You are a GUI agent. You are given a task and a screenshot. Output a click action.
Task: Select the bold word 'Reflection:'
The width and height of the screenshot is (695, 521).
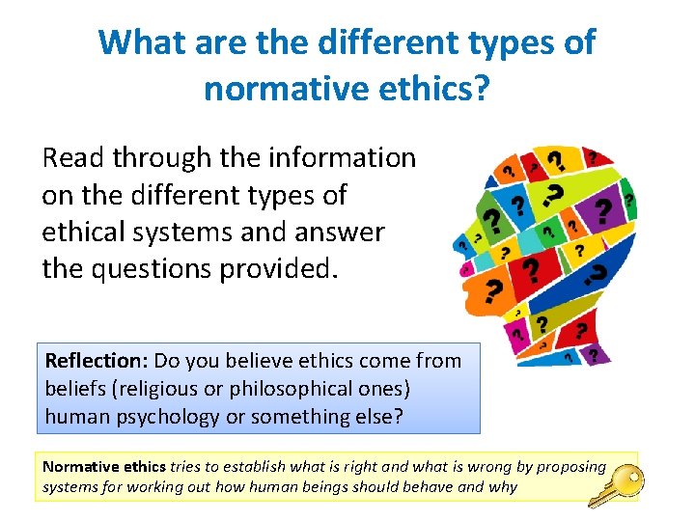point(94,361)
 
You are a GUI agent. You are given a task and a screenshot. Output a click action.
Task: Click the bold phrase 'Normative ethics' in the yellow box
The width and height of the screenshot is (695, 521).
point(103,466)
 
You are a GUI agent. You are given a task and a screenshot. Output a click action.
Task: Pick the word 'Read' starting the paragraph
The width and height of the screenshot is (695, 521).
point(74,158)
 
